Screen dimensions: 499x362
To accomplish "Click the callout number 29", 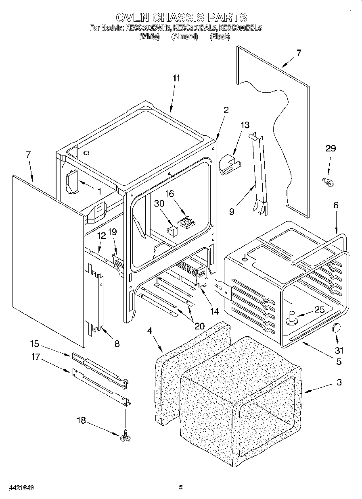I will coord(331,148).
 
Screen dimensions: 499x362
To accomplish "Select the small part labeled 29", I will coord(328,182).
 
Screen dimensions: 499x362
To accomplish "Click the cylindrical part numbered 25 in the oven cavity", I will coord(291,318).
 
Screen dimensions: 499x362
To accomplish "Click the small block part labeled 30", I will coord(173,231).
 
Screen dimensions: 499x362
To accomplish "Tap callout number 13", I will coord(245,124).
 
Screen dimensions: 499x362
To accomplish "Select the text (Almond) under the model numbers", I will coord(184,37).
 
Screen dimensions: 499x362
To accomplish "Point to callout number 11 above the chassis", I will coord(176,78).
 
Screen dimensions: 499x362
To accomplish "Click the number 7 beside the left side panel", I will coord(28,154).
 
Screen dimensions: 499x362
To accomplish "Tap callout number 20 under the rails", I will coord(199,326).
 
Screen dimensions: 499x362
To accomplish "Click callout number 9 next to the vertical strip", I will coord(232,211).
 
